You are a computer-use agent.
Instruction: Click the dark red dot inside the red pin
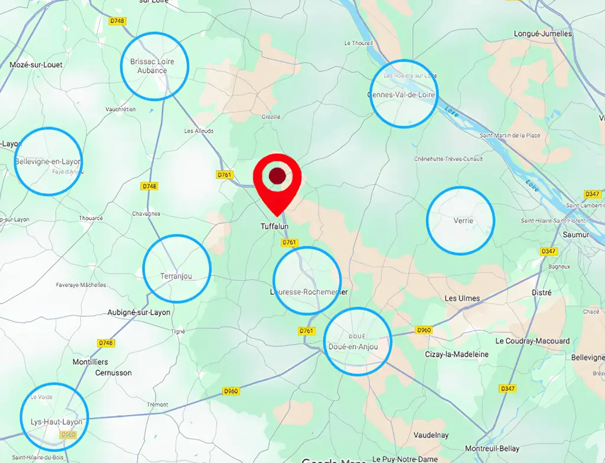pos(277,176)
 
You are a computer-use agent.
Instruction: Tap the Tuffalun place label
pos(275,226)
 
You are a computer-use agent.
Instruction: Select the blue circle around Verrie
pos(460,221)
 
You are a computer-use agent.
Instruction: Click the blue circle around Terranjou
pos(177,268)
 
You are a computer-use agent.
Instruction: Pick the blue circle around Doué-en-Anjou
pos(358,341)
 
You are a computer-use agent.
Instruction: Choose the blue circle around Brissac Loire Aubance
pos(155,66)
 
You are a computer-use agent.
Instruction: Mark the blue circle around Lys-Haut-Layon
pos(54,417)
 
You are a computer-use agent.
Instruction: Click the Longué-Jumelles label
pos(543,34)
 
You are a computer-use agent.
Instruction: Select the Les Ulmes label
pos(462,298)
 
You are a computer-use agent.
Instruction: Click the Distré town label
pos(542,293)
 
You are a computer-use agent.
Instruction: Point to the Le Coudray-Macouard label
pos(532,341)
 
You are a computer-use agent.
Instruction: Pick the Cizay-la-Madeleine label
pos(457,354)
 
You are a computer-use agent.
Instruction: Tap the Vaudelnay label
pos(431,435)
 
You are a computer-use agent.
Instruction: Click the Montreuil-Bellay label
pos(492,449)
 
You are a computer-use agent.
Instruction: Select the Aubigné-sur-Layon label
pos(139,312)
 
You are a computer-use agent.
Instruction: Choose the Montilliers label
pos(90,361)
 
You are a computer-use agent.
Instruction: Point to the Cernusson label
pos(113,373)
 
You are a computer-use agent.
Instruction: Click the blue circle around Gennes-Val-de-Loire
pos(404,93)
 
